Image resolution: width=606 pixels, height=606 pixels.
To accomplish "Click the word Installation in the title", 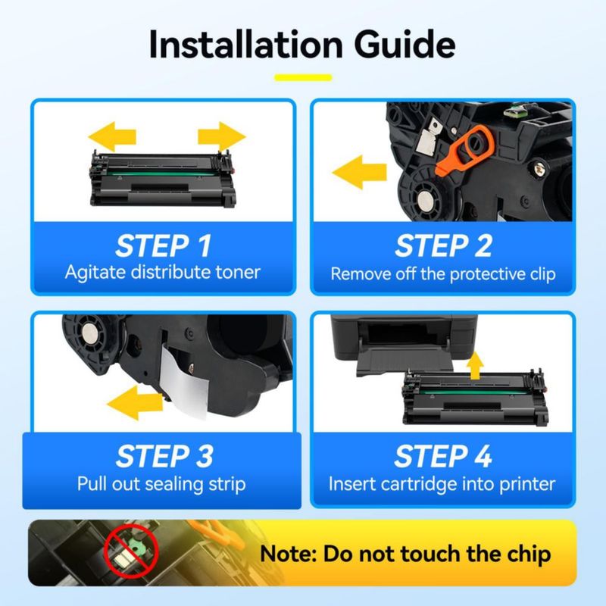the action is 245,45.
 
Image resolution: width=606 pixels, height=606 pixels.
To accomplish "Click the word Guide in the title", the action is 405,45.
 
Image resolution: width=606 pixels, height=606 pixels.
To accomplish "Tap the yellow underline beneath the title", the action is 303,78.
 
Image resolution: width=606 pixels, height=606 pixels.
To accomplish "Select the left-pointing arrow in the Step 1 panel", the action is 112,136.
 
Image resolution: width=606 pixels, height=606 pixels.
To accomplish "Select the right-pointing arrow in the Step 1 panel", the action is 222,136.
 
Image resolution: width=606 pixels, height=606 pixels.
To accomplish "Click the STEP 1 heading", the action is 164,245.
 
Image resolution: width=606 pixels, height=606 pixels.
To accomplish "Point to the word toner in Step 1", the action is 238,272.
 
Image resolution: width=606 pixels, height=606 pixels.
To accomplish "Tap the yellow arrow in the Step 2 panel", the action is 359,172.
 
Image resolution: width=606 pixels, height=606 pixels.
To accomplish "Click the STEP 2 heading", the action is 443,245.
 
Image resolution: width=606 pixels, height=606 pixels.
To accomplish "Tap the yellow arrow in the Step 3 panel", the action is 135,403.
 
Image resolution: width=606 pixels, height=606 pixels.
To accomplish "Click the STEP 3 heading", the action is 164,456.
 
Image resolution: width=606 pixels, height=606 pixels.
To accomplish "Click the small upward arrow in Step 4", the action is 475,365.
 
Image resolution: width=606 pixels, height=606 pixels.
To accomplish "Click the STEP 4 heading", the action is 443,456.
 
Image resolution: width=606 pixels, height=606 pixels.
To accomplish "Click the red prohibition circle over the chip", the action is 131,551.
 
